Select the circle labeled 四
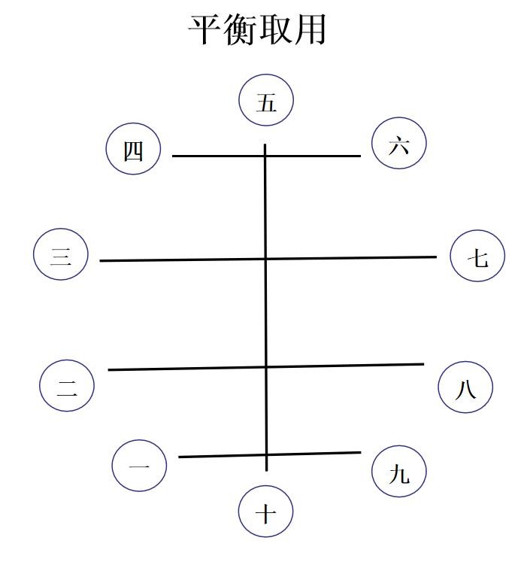[133, 149]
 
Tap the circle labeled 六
[399, 143]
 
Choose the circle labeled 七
[477, 256]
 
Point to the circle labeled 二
[67, 387]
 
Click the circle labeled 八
[465, 387]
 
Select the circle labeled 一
[139, 465]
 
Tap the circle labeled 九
[399, 472]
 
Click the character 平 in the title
[204, 30]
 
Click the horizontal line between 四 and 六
[218, 156]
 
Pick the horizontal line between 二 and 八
[188, 369]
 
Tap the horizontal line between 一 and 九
[218, 456]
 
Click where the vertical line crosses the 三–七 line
[265, 258]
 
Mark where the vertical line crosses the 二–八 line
[265, 367]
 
